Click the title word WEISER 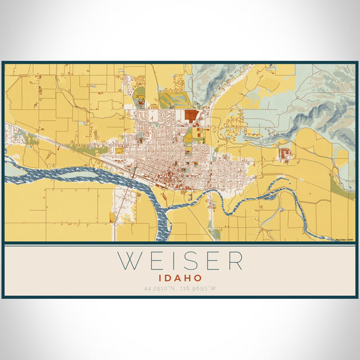pos(180,261)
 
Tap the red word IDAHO pos(180,278)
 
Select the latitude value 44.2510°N pos(161,289)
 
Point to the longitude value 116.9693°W pos(199,289)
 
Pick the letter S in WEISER pos(192,261)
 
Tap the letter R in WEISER pos(235,261)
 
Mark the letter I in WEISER pos(173,261)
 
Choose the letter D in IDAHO pos(170,278)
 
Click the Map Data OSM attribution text pos(344,239)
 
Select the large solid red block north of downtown pos(191,116)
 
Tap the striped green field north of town pos(174,99)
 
